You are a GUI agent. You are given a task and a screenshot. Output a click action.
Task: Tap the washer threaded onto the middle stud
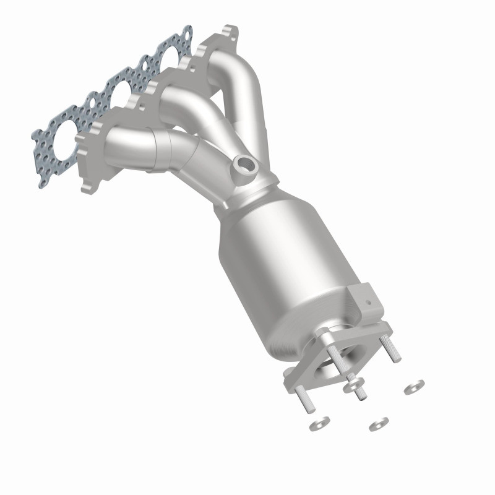click(x=355, y=385)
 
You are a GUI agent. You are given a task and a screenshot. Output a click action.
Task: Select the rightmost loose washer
click(x=414, y=387)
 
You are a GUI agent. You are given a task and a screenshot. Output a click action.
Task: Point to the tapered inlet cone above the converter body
click(x=247, y=198)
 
